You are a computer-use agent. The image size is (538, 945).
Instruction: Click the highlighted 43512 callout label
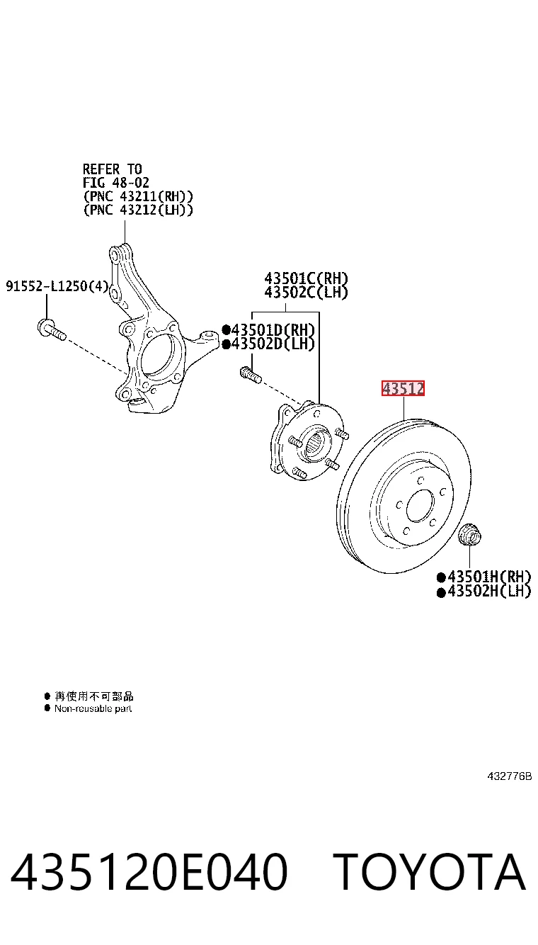tap(403, 388)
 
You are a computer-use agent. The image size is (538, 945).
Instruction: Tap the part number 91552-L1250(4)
tap(57, 286)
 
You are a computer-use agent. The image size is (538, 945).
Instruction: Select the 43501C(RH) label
tap(306, 278)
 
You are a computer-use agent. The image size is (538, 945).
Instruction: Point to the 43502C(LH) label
tap(306, 293)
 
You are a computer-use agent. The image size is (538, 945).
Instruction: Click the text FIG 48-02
tap(116, 183)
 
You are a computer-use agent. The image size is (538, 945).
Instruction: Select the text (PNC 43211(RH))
tap(138, 196)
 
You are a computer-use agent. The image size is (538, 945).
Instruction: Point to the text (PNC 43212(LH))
tap(138, 210)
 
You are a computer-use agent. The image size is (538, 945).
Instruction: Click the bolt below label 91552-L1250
tap(52, 330)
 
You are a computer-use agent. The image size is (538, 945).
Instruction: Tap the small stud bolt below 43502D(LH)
tap(251, 375)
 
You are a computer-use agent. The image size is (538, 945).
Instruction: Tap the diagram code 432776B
tap(510, 776)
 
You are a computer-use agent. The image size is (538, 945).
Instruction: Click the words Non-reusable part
tap(93, 708)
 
